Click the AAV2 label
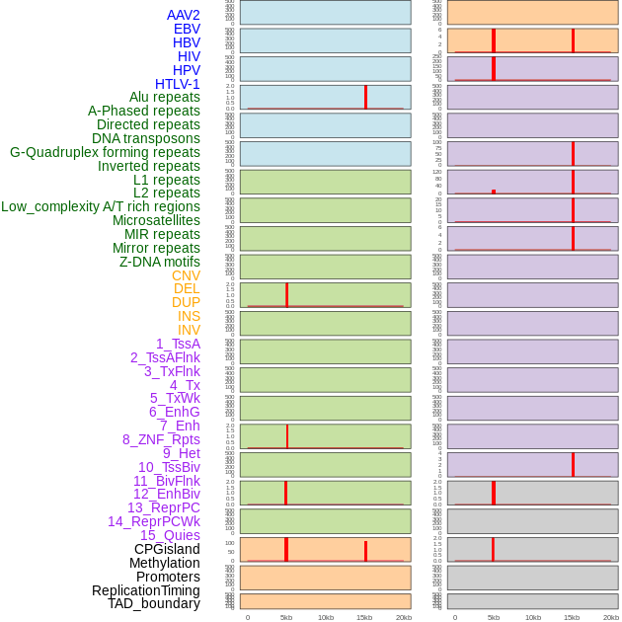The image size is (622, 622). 183,15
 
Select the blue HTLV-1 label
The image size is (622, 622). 177,84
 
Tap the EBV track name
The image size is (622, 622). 187,29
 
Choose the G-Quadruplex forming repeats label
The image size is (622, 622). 105,152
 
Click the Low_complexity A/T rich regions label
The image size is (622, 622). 101,206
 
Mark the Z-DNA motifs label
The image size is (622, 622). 160,262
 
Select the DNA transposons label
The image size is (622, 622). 146,138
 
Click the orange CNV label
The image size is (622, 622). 186,275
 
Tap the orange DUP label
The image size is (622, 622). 186,302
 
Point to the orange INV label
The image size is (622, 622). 189,330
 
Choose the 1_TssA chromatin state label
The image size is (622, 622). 178,344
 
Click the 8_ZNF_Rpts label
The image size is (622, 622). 161,439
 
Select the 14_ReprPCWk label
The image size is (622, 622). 154,521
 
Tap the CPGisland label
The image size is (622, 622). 167,549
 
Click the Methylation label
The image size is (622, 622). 164,563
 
